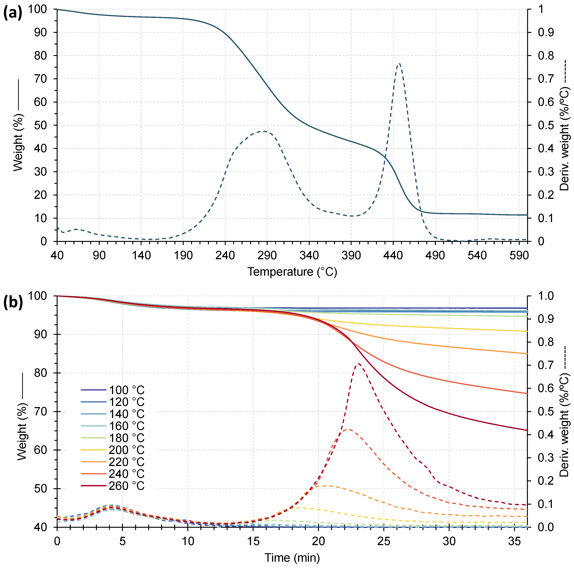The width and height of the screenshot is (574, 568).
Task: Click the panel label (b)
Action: click(x=13, y=302)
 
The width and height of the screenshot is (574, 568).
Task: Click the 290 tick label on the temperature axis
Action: click(x=267, y=255)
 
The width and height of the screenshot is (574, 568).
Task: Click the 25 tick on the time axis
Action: click(x=384, y=541)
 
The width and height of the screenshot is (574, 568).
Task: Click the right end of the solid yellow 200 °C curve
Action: click(x=527, y=331)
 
